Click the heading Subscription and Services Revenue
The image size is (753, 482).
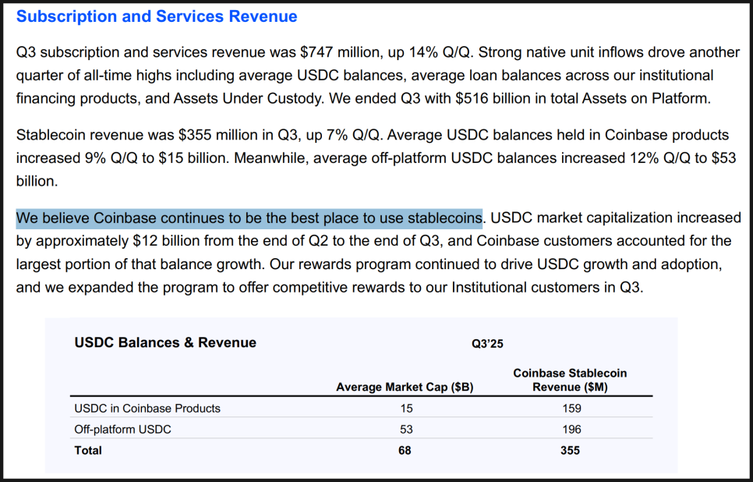pyautogui.click(x=157, y=16)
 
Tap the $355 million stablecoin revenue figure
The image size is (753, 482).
pyautogui.click(x=200, y=135)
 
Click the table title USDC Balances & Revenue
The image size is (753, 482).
pyautogui.click(x=164, y=342)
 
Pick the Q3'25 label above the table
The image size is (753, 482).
pyautogui.click(x=488, y=343)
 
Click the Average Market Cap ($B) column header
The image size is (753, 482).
pyautogui.click(x=405, y=387)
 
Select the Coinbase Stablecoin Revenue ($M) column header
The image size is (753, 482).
pyautogui.click(x=569, y=380)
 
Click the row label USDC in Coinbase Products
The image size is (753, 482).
pyautogui.click(x=147, y=408)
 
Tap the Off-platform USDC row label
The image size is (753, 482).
pyautogui.click(x=122, y=429)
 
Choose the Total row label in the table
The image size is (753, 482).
pyautogui.click(x=88, y=450)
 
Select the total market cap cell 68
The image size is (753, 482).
pyautogui.click(x=405, y=450)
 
